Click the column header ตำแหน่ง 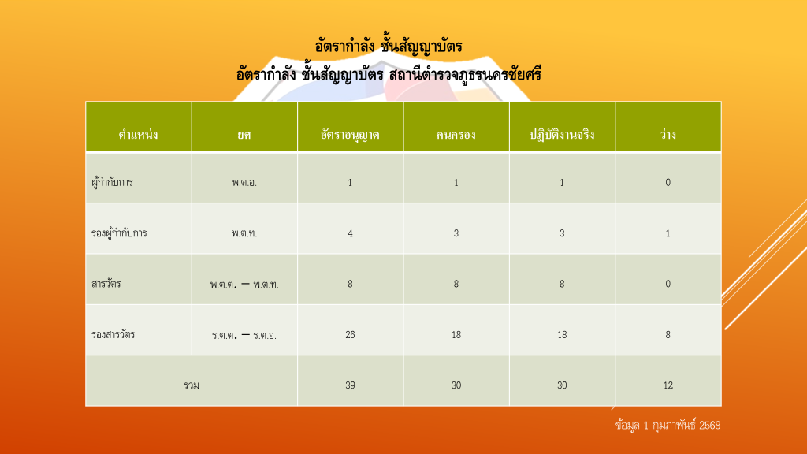coord(138,135)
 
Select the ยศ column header coord(244,135)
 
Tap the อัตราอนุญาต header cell coord(350,135)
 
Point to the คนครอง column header coord(456,135)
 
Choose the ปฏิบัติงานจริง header coord(562,134)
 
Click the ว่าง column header coord(668,134)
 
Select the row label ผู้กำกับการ coord(112,182)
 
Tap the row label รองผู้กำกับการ coord(119,233)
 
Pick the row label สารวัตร coord(106,284)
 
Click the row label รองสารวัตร coord(113,334)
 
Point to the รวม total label coord(192,385)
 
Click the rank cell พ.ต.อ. coord(244,182)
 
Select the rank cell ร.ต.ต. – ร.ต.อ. coord(244,335)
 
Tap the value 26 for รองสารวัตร coord(350,334)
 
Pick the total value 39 coord(350,385)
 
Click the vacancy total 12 coord(668,385)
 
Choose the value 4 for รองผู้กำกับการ coord(350,233)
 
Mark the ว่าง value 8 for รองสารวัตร coord(668,334)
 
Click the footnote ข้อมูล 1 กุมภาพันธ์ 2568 coord(668,425)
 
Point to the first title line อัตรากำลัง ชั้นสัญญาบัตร coord(389,47)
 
